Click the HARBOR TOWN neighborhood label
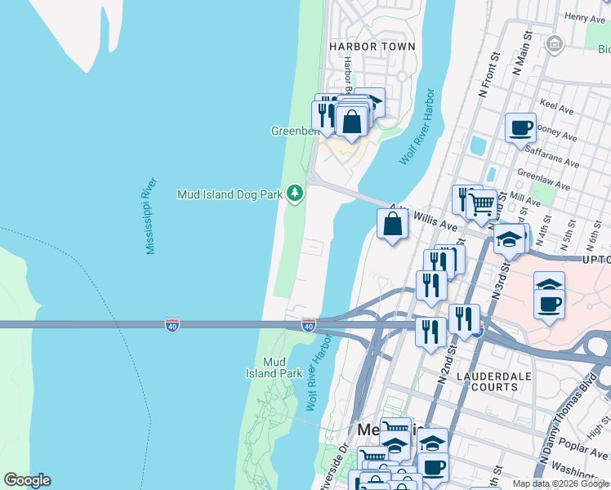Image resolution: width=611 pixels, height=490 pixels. (372, 47)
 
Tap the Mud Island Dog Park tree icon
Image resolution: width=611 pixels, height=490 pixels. (294, 194)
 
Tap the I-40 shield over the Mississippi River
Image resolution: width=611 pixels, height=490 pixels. (172, 325)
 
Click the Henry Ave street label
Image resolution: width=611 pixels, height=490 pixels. (584, 16)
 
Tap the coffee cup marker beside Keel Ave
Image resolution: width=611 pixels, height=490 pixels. (520, 128)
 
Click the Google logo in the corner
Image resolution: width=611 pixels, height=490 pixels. (27, 480)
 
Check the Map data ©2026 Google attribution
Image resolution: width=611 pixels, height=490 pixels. (560, 483)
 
